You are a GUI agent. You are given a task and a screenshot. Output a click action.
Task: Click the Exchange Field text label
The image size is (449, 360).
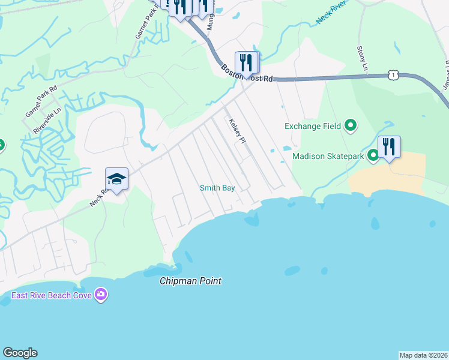[x=312, y=126]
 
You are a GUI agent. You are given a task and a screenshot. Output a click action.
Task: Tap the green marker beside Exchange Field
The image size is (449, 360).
[x=351, y=126]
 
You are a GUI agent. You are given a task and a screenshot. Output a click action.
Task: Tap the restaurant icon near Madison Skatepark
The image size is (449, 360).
[x=389, y=146]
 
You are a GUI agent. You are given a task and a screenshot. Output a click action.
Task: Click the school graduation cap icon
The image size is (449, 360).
[x=116, y=178]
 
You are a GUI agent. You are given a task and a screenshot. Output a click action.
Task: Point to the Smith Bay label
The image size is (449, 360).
[x=217, y=188]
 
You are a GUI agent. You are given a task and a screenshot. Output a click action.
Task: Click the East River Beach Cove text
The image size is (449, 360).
[x=51, y=294]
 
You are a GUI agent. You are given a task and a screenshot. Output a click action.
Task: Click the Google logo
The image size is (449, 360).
[x=20, y=353]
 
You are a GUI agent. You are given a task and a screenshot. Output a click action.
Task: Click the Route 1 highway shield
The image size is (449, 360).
[x=393, y=74]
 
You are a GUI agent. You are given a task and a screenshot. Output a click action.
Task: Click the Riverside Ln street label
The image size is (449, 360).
[x=47, y=121]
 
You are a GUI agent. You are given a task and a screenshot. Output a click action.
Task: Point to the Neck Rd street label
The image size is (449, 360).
[x=99, y=196]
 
